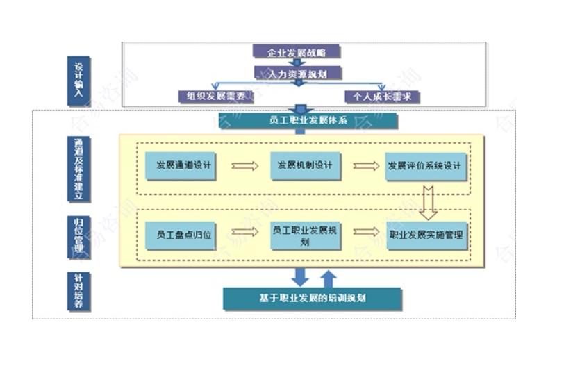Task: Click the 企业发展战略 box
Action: pyautogui.click(x=297, y=52)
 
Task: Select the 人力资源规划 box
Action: pyautogui.click(x=297, y=73)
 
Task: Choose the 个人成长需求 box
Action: pyautogui.click(x=382, y=97)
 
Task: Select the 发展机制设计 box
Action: pyautogui.click(x=305, y=166)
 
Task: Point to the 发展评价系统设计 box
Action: pyautogui.click(x=425, y=166)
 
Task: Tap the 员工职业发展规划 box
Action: pyautogui.click(x=305, y=235)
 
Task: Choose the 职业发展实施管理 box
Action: pyautogui.click(x=426, y=235)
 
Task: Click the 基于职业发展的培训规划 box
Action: pyautogui.click(x=313, y=299)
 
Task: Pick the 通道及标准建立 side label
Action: pyautogui.click(x=78, y=169)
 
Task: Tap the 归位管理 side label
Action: pyautogui.click(x=78, y=235)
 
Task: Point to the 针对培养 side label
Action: pyautogui.click(x=78, y=291)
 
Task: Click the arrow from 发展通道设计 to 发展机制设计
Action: pyautogui.click(x=244, y=166)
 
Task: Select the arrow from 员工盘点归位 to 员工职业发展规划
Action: pyautogui.click(x=244, y=232)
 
